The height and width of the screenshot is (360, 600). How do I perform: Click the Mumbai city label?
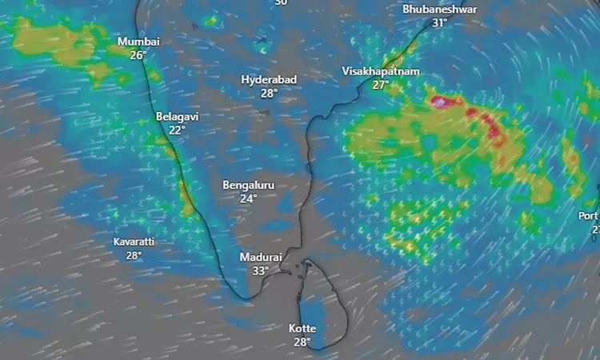tap(138, 42)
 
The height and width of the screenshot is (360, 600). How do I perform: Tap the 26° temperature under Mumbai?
tap(138, 55)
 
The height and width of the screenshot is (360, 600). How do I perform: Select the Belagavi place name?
tap(177, 117)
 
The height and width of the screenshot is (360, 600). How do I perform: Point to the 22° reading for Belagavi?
tap(177, 130)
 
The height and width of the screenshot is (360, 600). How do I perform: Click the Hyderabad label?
tap(269, 79)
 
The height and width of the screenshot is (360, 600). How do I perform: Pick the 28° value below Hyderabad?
tap(269, 93)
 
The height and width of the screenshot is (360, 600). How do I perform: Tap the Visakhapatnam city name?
tap(380, 71)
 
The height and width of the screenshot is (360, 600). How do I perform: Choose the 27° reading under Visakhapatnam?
tap(380, 85)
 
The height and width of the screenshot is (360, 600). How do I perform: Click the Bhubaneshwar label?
tap(439, 9)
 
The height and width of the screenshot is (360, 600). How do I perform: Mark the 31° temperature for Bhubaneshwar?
tap(439, 23)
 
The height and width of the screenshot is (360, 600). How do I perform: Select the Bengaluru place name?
tap(248, 185)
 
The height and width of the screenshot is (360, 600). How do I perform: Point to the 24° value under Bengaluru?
tap(248, 198)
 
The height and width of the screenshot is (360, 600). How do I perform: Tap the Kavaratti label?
tap(134, 242)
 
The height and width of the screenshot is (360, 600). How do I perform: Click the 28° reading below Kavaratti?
tap(134, 255)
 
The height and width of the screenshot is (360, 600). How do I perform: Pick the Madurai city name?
tap(261, 258)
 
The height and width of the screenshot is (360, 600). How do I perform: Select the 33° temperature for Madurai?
tap(261, 271)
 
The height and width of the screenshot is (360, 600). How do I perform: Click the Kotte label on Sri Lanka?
tap(302, 329)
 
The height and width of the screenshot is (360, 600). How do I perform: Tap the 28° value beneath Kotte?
tap(302, 342)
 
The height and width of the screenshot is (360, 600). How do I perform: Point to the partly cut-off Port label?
tap(589, 216)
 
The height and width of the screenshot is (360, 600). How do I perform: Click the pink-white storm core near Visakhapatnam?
tap(439, 102)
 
